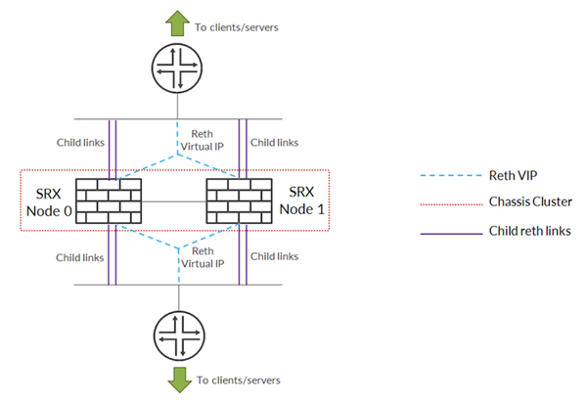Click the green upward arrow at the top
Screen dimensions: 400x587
point(179,21)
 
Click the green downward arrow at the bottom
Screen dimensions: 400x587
point(179,378)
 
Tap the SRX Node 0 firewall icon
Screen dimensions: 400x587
point(109,202)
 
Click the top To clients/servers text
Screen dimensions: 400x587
point(239,26)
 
